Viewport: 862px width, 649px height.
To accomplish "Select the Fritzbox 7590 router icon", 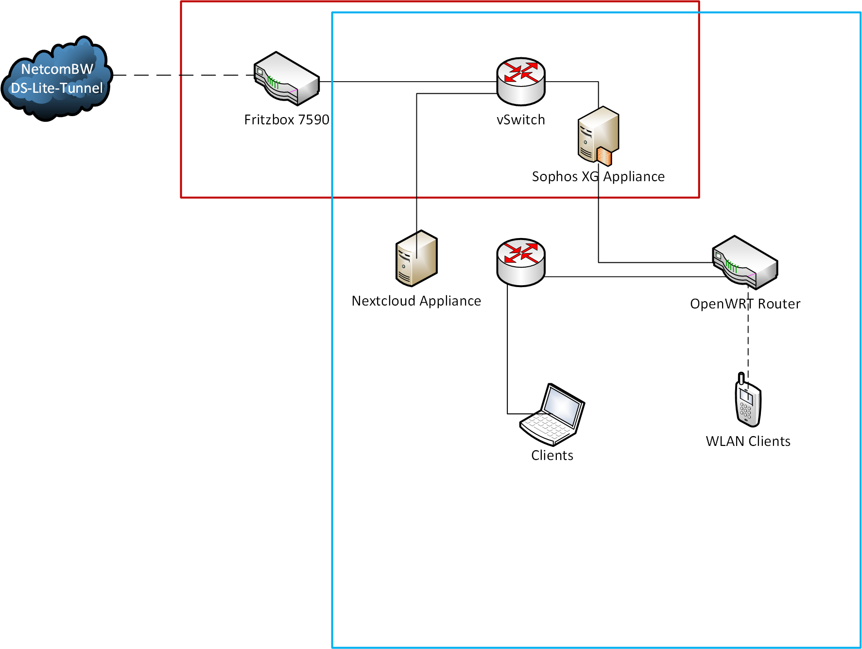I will pyautogui.click(x=287, y=79).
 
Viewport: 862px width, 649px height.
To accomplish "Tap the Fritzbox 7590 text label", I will pyautogui.click(x=287, y=120).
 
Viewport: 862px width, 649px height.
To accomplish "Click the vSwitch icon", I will pyautogui.click(x=521, y=82).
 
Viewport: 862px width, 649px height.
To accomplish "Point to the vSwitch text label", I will pyautogui.click(x=521, y=120).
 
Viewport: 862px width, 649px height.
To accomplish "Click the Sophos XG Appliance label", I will pyautogui.click(x=598, y=176).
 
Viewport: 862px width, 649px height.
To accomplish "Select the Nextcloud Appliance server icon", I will pyautogui.click(x=416, y=258).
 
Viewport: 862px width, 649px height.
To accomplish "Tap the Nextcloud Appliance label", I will pyautogui.click(x=416, y=301).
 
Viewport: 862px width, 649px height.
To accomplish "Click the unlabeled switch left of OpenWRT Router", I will pyautogui.click(x=521, y=262).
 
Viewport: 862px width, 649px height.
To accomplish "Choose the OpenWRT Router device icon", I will pyautogui.click(x=745, y=262).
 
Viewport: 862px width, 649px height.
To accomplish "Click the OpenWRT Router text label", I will pyautogui.click(x=745, y=304).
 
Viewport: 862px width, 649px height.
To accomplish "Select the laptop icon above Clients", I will pyautogui.click(x=552, y=414).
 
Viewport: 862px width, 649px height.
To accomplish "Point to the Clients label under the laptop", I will pyautogui.click(x=552, y=456).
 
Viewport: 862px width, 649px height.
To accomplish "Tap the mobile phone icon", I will pyautogui.click(x=748, y=401).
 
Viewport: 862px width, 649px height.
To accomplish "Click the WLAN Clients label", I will pyautogui.click(x=748, y=442).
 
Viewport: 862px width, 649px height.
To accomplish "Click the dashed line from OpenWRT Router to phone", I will pyautogui.click(x=748, y=340).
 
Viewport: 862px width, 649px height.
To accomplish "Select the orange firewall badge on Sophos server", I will pyautogui.click(x=604, y=156).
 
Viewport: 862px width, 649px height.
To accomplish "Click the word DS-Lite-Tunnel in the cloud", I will pyautogui.click(x=57, y=88).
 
